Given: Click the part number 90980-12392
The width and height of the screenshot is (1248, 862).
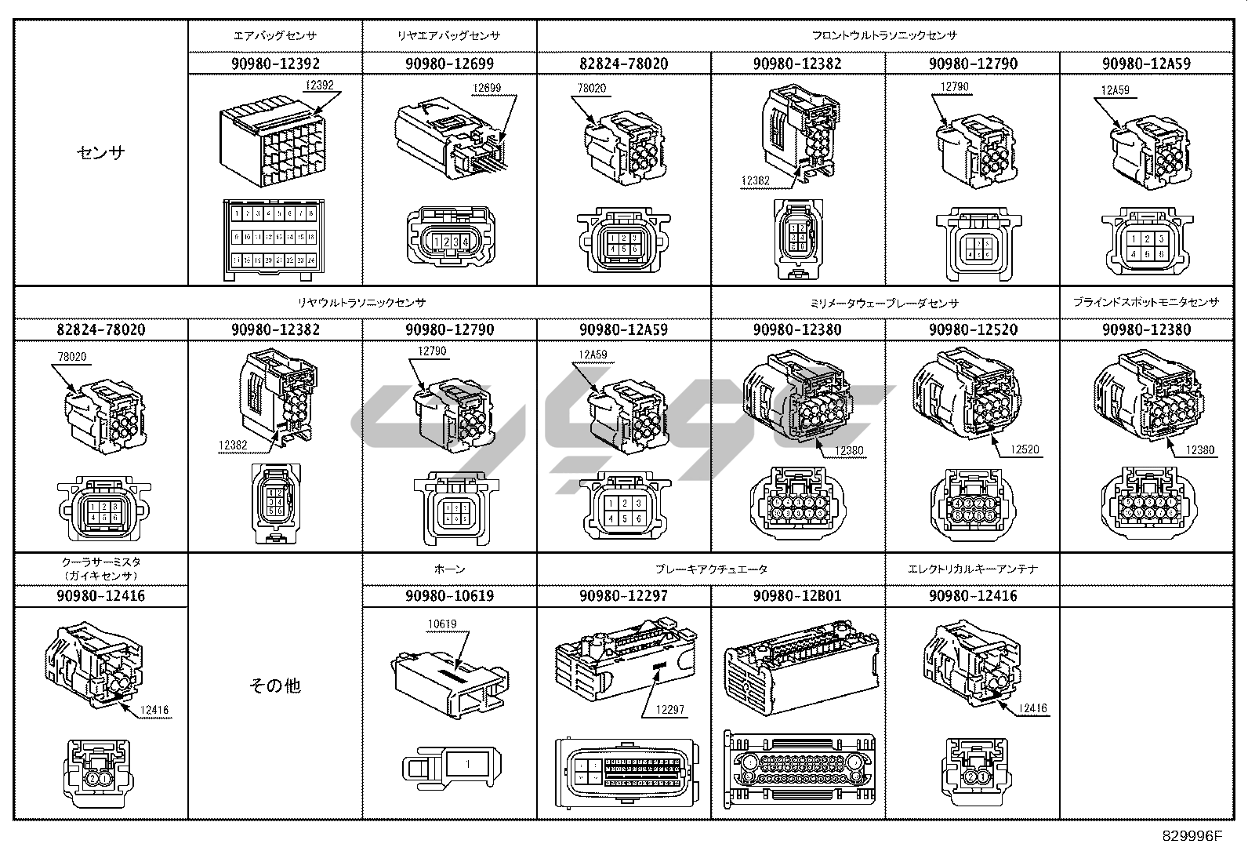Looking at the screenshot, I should click(x=275, y=64).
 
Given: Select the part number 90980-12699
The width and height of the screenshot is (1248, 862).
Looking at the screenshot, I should click(x=449, y=64).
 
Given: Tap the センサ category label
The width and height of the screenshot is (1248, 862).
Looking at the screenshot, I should click(x=101, y=152).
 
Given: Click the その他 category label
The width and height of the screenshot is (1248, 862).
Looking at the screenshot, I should click(x=275, y=686).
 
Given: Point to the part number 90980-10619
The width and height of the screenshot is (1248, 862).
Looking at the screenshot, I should click(x=449, y=596).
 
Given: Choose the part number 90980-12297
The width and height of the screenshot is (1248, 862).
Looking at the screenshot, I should click(x=623, y=596).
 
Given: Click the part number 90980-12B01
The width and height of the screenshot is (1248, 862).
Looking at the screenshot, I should click(x=797, y=596).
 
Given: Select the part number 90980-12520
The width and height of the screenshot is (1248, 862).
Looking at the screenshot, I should click(x=972, y=330).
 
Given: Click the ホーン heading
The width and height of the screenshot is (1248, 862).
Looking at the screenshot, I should click(x=449, y=569).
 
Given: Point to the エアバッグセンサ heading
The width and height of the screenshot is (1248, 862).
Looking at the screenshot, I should click(x=275, y=36).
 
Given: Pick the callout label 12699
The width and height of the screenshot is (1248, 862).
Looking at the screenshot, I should click(x=487, y=88).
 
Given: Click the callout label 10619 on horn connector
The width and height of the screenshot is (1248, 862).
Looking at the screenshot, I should click(x=441, y=624).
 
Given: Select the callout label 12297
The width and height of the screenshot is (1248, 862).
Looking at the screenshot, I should click(x=670, y=710).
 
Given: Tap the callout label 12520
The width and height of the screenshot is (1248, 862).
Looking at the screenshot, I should click(x=1024, y=449).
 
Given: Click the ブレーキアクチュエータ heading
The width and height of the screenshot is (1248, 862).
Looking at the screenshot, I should click(x=711, y=569).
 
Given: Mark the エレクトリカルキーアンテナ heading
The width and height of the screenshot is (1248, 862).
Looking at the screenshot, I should click(x=972, y=569).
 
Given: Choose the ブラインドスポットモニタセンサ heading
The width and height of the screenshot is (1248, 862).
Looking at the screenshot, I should click(x=1146, y=302).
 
